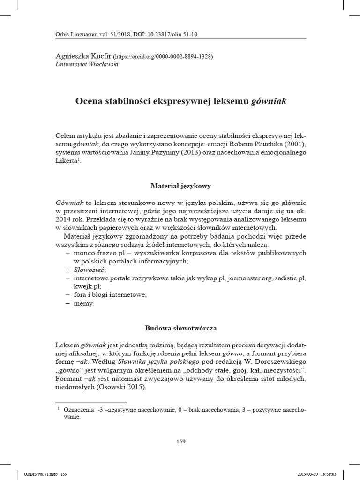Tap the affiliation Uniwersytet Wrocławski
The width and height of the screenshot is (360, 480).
click(87, 64)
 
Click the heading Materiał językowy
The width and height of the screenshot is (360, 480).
click(180, 186)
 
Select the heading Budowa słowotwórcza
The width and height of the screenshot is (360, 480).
click(180, 328)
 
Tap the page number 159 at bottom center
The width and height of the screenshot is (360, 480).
click(180, 441)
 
